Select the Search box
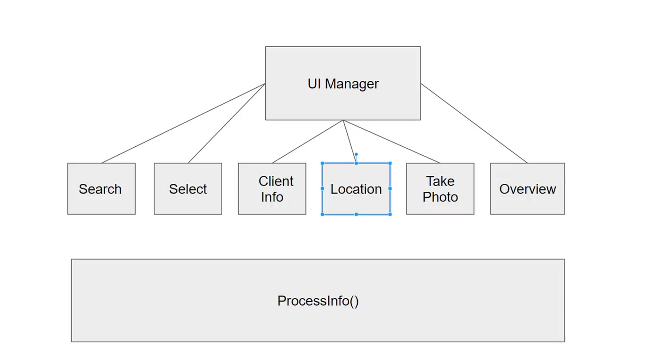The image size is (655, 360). click(101, 189)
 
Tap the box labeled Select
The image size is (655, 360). click(188, 189)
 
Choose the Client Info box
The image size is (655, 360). click(272, 189)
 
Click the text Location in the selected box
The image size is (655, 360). click(356, 189)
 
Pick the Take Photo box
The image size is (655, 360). click(440, 189)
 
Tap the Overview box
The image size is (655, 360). click(527, 189)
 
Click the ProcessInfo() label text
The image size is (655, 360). click(318, 301)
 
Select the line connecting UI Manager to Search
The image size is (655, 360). click(183, 123)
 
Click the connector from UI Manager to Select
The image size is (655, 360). click(226, 123)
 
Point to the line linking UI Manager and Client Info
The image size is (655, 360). click(307, 142)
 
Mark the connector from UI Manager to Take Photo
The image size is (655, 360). click(392, 142)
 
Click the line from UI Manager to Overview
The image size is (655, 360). click(474, 123)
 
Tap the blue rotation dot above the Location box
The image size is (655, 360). click(356, 154)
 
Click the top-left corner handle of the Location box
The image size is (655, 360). click(322, 163)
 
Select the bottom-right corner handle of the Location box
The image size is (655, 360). click(390, 214)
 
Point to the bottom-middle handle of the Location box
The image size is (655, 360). click(356, 214)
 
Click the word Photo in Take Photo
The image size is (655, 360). click(440, 197)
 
